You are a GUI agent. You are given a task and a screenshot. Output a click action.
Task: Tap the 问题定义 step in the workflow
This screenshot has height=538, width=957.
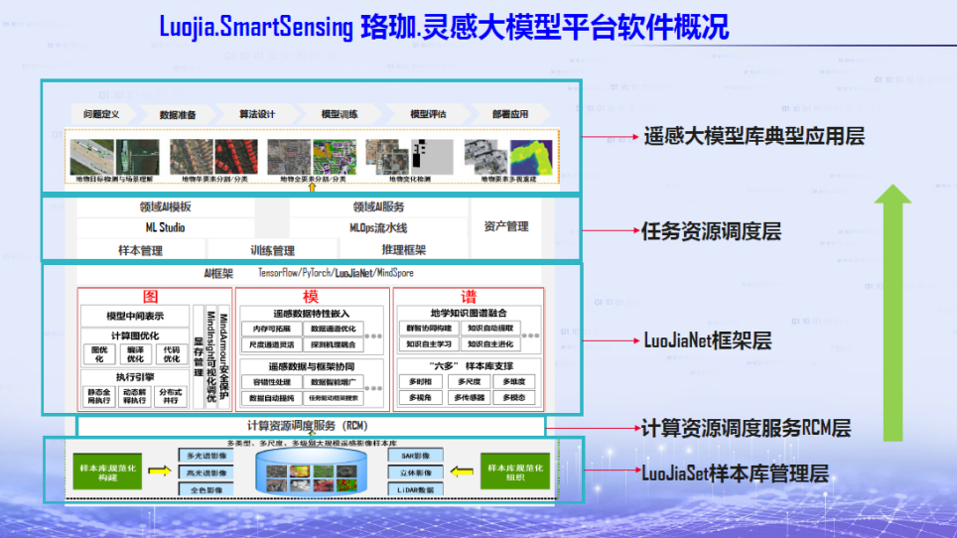click(101, 114)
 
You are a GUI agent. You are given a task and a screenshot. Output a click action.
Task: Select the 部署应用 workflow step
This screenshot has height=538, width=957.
click(510, 114)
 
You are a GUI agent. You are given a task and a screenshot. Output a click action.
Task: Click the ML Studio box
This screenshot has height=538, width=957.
click(165, 227)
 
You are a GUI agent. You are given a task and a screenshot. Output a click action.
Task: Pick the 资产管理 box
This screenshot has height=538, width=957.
click(506, 226)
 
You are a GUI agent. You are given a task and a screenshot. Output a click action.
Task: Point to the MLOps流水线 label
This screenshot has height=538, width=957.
click(377, 227)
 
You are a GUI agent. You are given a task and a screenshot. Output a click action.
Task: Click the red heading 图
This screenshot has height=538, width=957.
click(152, 296)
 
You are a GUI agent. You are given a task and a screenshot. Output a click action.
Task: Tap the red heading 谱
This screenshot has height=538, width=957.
click(468, 296)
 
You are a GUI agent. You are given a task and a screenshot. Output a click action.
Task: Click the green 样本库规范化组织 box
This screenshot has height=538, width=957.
click(514, 471)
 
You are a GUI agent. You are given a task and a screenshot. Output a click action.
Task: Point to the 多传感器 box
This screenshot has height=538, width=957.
click(469, 397)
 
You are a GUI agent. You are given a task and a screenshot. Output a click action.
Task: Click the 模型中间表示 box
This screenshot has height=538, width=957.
click(134, 316)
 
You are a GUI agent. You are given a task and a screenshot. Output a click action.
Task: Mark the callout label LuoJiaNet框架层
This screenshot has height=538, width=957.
click(708, 340)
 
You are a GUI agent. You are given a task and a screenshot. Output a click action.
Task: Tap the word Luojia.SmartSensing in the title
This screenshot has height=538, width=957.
click(255, 27)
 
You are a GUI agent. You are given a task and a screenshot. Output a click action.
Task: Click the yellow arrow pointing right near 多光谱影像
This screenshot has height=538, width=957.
click(159, 472)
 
